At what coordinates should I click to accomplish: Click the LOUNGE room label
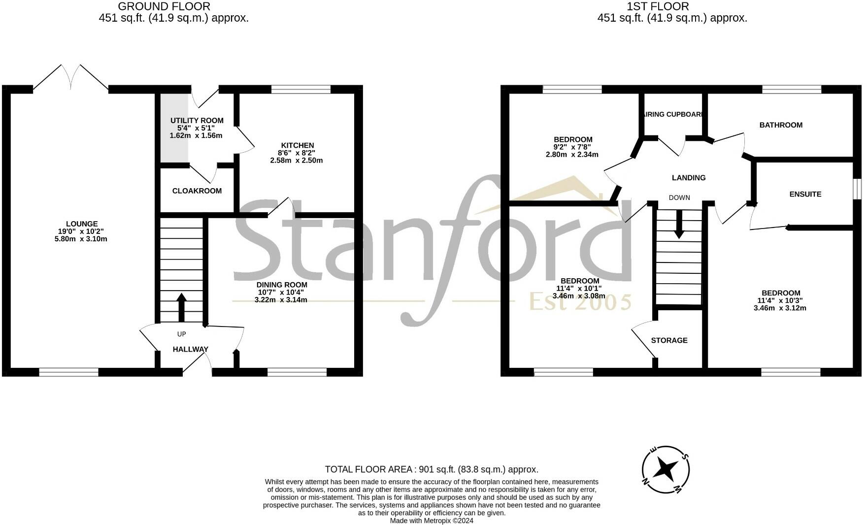tap(82, 224)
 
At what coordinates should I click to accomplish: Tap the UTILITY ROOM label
tap(197, 121)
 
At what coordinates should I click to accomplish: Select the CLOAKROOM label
tap(197, 191)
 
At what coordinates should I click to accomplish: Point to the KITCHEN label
tap(297, 145)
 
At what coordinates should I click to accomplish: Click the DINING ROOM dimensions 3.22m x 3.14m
tap(281, 299)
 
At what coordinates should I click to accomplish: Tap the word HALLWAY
tap(190, 349)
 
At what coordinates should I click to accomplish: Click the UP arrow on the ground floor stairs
tap(181, 308)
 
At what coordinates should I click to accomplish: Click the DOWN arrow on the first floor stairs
tap(679, 225)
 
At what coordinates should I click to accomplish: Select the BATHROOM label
tap(781, 125)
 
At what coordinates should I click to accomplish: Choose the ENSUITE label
tap(805, 194)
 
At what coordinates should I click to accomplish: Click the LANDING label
tap(688, 178)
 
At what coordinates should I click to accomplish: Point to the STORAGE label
tap(669, 340)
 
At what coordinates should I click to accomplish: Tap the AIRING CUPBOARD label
tap(673, 114)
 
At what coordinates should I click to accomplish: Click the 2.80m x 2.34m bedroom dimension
tap(572, 154)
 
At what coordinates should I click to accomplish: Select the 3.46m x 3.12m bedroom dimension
tap(780, 308)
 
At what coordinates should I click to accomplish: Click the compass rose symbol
tap(666, 469)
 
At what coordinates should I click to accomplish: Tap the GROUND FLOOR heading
tap(164, 6)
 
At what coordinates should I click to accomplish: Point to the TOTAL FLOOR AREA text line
tap(432, 469)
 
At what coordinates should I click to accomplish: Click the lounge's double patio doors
tap(71, 78)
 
